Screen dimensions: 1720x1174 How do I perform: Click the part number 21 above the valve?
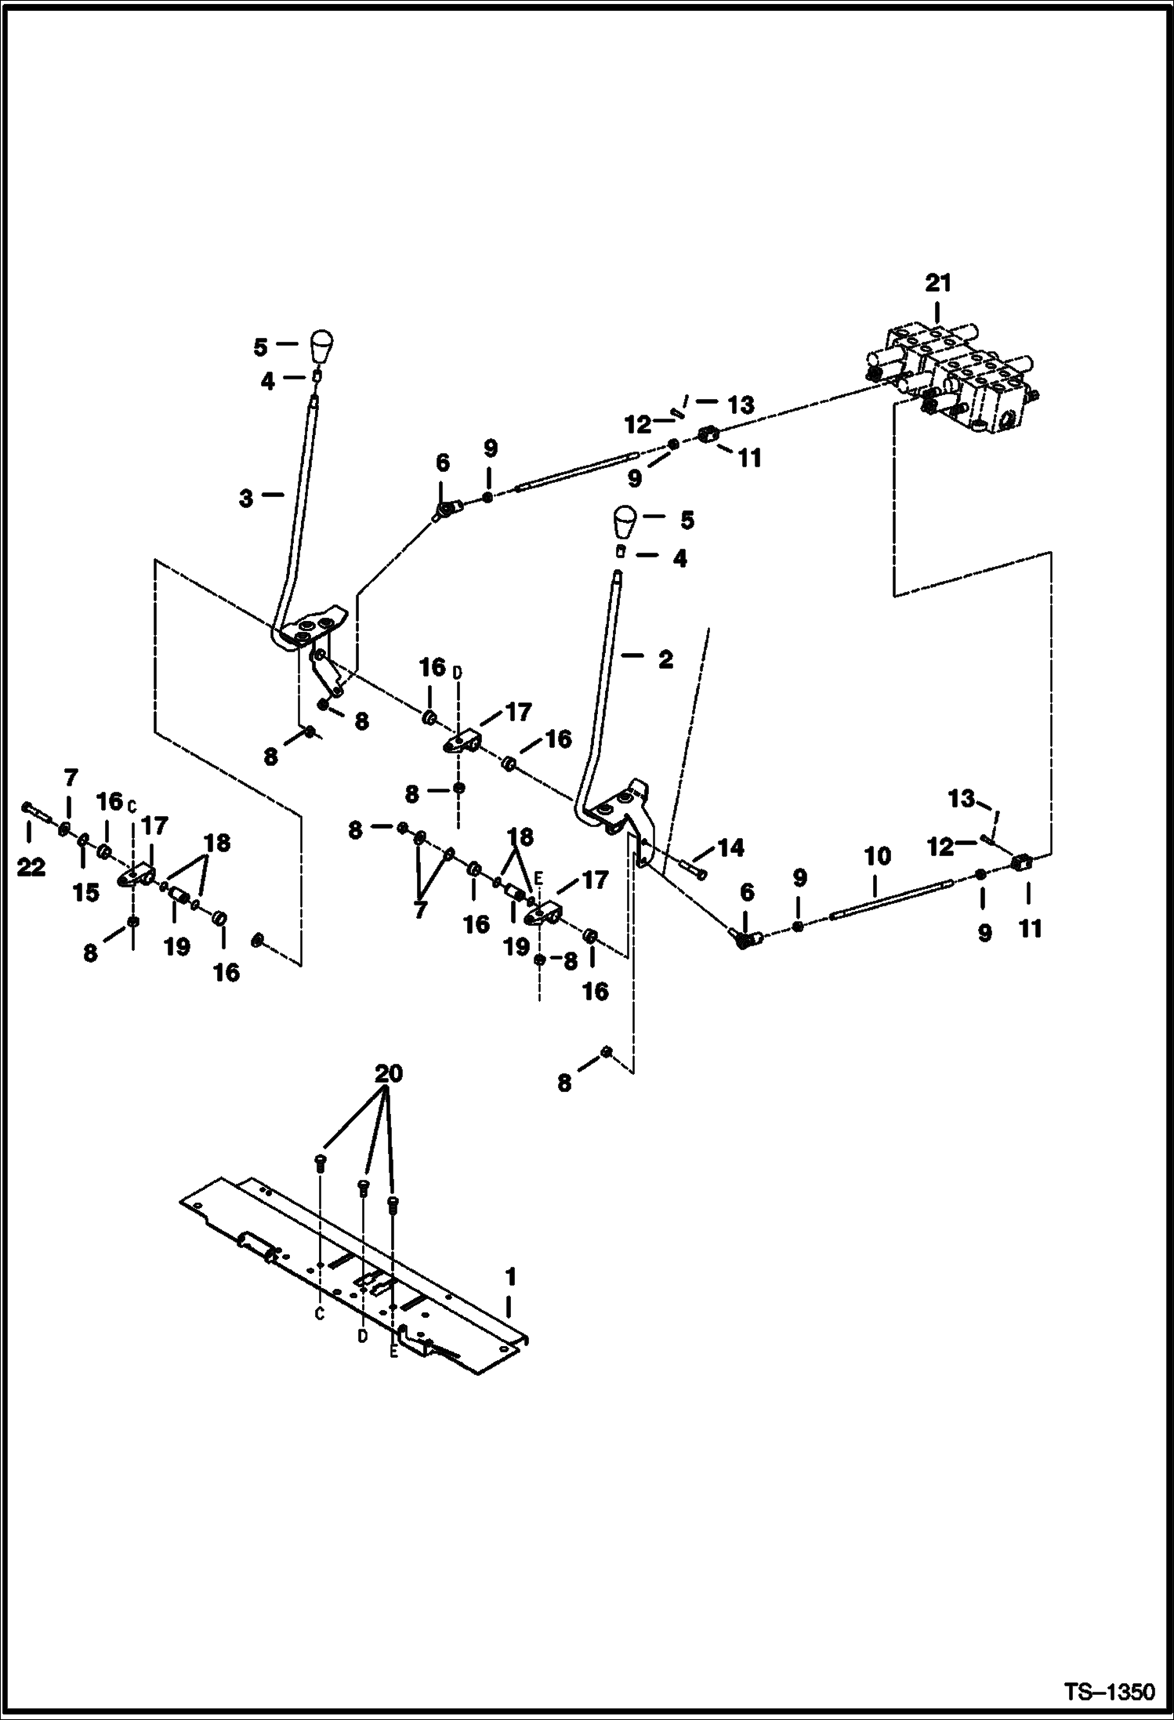pos(937,283)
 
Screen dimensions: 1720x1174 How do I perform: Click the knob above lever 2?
pos(624,521)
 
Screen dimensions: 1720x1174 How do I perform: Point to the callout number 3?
pos(246,499)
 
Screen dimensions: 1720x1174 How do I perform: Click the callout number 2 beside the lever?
pos(665,660)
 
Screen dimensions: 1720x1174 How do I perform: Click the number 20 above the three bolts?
pos(389,1073)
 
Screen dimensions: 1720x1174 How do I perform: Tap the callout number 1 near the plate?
pos(510,1277)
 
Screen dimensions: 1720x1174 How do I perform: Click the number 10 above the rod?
pos(878,856)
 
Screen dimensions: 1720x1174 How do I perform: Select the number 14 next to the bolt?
pos(730,848)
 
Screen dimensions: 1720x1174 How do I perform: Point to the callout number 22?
pos(31,868)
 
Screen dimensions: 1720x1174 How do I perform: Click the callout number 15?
pos(86,892)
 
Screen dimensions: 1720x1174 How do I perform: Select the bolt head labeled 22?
pos(27,807)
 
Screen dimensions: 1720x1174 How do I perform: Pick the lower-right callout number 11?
pos(1030,929)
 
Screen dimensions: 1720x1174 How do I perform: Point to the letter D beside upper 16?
pos(457,671)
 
